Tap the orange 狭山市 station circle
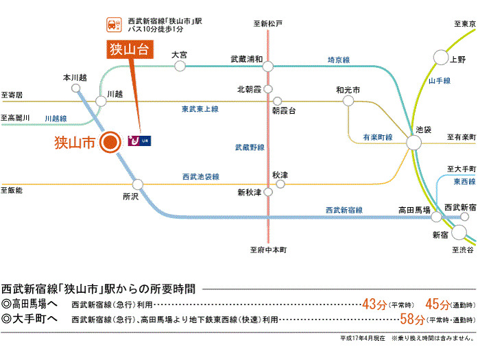(x=109, y=143)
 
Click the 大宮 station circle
(x=180, y=66)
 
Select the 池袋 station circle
(x=414, y=143)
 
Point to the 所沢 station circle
(x=138, y=184)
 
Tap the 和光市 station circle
(x=348, y=101)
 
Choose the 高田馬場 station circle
(x=436, y=217)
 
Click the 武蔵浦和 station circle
(x=267, y=67)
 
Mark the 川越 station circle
(x=101, y=101)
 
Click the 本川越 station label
(x=75, y=77)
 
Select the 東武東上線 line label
(x=200, y=109)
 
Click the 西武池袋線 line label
(x=200, y=176)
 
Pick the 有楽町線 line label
(x=378, y=137)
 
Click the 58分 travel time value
(x=412, y=319)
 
